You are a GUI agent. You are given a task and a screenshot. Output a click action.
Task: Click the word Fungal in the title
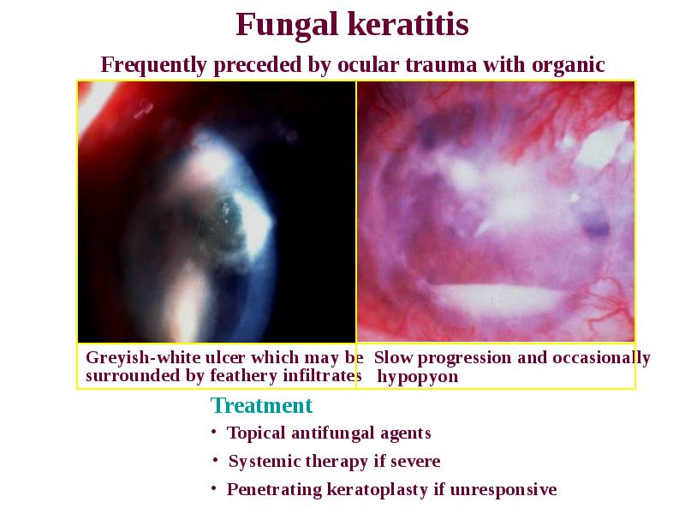287,26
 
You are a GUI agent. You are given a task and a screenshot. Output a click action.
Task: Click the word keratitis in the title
409,24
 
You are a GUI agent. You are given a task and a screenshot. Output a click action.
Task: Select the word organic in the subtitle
568,66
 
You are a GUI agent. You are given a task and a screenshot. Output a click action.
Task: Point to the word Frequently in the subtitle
153,66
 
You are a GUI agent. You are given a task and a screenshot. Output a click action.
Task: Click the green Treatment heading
261,405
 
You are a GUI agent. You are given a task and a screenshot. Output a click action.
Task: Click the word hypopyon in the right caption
418,377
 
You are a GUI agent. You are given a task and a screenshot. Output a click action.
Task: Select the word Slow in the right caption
393,357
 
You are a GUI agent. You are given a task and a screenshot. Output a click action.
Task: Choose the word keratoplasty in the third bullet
378,490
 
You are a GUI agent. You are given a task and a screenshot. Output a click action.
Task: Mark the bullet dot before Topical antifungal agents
213,432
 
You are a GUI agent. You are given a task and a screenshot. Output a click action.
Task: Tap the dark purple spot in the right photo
596,226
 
